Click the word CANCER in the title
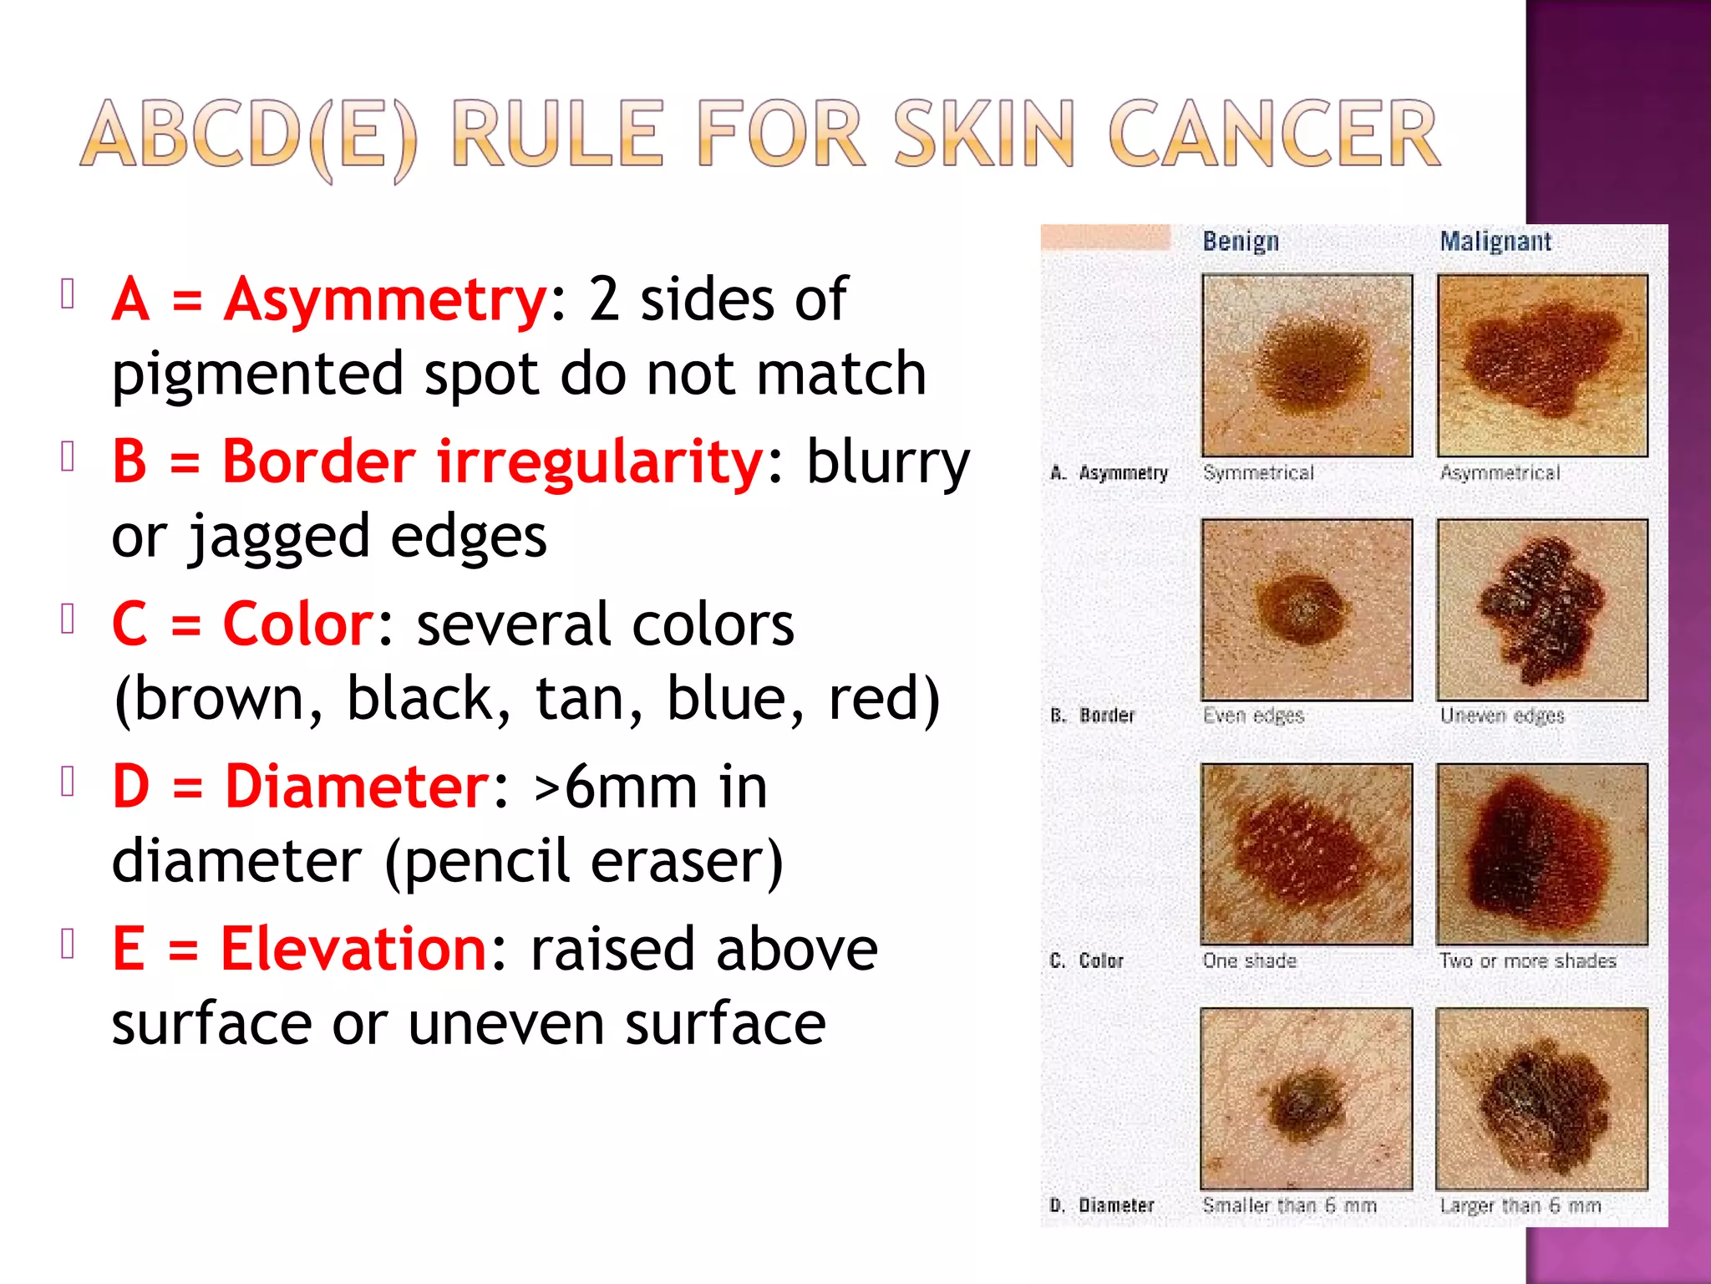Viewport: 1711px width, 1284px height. click(x=1273, y=134)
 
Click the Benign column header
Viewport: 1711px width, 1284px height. click(x=1241, y=242)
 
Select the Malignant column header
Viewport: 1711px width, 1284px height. click(x=1495, y=242)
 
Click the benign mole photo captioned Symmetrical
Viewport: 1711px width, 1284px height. click(x=1307, y=365)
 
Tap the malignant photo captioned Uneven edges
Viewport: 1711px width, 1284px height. click(x=1542, y=609)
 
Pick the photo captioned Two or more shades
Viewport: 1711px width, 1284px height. click(x=1542, y=853)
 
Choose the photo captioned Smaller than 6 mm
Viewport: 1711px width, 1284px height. click(x=1307, y=1098)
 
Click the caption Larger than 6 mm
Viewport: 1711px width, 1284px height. click(x=1521, y=1205)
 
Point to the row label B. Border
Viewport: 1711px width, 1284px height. click(x=1093, y=716)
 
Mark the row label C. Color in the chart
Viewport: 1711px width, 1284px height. click(x=1087, y=960)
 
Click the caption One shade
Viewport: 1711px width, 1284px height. click(x=1250, y=960)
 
